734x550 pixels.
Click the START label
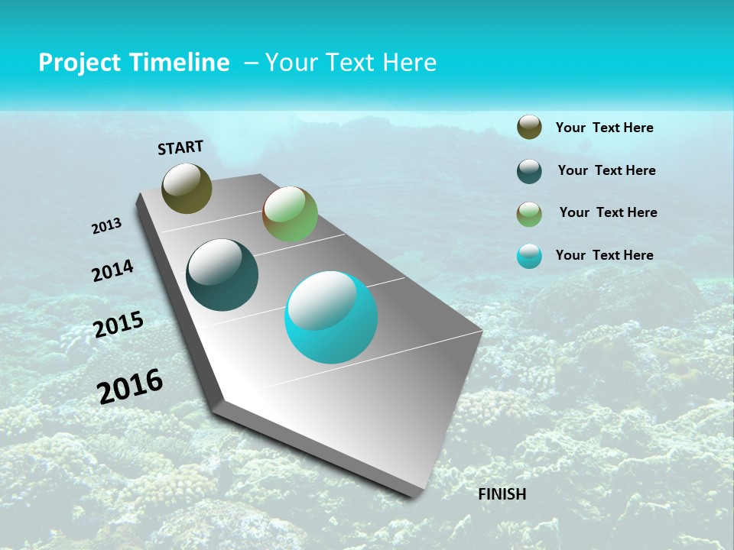(x=180, y=147)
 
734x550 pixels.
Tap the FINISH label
(x=502, y=494)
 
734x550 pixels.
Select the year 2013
(x=106, y=226)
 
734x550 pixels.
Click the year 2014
(x=113, y=270)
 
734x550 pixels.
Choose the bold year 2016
(x=130, y=386)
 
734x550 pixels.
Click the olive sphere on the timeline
(x=187, y=188)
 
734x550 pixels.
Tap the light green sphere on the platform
(x=290, y=214)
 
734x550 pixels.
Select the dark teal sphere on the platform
(x=222, y=275)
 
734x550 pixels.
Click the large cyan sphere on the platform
(x=331, y=317)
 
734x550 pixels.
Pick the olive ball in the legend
(x=529, y=128)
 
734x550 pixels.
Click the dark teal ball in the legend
(x=529, y=171)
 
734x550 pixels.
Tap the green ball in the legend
(x=529, y=214)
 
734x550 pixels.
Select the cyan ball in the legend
(x=529, y=256)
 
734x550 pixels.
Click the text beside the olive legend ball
(x=604, y=128)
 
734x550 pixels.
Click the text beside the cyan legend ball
(x=604, y=255)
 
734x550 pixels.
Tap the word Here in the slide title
(x=409, y=63)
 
